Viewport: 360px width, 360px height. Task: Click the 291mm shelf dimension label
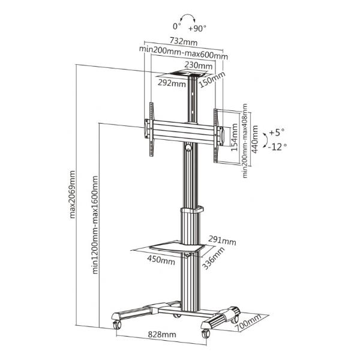[x=224, y=241]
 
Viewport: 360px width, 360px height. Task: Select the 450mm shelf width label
[x=161, y=260]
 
